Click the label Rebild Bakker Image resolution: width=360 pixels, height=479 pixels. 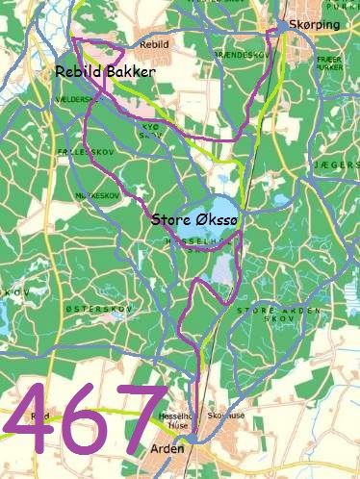tap(105, 72)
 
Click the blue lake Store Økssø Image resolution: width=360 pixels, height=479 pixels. tap(220, 210)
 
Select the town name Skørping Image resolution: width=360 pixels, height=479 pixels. tap(314, 26)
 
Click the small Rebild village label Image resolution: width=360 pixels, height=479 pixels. tap(154, 45)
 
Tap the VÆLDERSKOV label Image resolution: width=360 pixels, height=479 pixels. tap(79, 99)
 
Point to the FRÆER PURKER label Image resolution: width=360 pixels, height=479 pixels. tap(328, 63)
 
